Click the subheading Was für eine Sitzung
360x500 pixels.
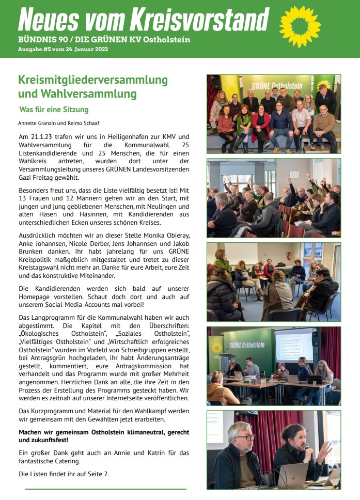coord(54,110)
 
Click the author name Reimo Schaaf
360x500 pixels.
coord(81,123)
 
